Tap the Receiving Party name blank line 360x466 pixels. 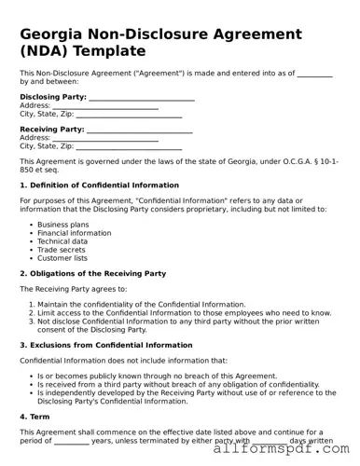click(x=139, y=130)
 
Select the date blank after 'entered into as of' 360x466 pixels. click(x=314, y=73)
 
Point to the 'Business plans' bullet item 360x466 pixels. click(x=63, y=225)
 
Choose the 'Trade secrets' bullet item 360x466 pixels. click(x=62, y=249)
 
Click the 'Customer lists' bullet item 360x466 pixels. click(x=64, y=257)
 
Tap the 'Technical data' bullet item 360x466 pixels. click(x=62, y=240)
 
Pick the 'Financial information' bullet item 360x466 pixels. click(x=74, y=233)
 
